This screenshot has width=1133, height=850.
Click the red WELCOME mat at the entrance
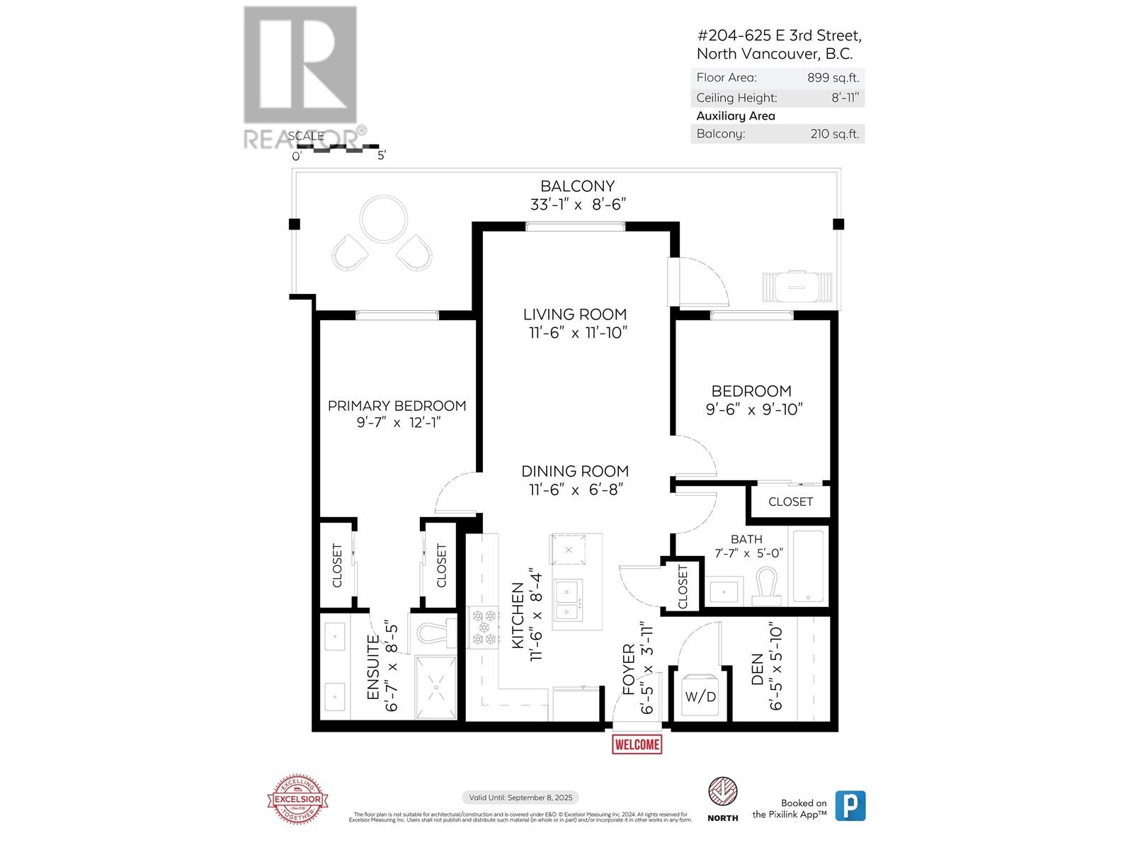point(637,744)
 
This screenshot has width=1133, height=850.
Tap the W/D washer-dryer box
point(700,696)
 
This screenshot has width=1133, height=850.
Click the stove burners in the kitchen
point(484,628)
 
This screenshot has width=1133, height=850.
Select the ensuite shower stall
point(435,686)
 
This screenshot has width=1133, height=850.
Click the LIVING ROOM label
point(575,314)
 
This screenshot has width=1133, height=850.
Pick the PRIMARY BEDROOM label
point(397,406)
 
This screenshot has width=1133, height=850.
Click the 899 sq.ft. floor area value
point(833,78)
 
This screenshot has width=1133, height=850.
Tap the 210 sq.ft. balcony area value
point(834,134)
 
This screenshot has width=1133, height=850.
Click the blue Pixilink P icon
point(850,806)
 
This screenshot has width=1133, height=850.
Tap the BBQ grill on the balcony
point(795,287)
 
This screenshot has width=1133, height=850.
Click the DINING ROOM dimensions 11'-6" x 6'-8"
point(575,489)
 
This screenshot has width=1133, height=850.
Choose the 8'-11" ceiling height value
point(845,98)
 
